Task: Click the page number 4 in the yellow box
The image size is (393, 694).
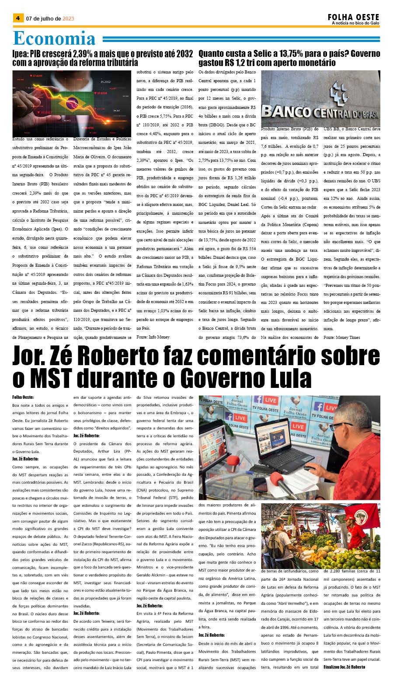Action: click(x=18, y=18)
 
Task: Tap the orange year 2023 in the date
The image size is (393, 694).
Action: click(x=68, y=19)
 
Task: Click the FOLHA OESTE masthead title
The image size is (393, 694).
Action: click(x=353, y=17)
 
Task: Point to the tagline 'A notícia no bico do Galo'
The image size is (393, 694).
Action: click(x=355, y=23)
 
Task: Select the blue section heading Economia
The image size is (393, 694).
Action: click(x=54, y=38)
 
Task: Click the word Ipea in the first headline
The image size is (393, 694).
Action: click(x=20, y=54)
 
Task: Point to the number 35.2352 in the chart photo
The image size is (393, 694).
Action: click(x=105, y=82)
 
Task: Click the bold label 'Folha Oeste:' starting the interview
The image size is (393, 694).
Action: click(x=23, y=398)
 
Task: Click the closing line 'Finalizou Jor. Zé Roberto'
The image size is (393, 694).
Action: click(x=344, y=667)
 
